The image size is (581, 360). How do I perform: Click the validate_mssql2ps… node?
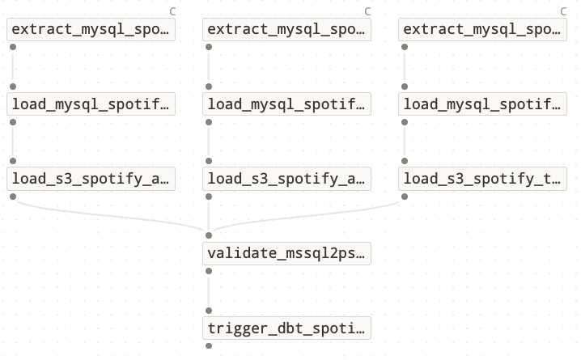pyautogui.click(x=286, y=253)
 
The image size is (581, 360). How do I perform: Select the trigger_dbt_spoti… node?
pyautogui.click(x=286, y=328)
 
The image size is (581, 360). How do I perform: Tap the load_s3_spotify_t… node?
pyautogui.click(x=482, y=179)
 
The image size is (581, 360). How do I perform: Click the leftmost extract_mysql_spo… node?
pyautogui.click(x=91, y=30)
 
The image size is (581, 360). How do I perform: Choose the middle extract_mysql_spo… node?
pyautogui.click(x=286, y=30)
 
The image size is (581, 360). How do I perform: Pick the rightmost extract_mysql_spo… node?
pyautogui.click(x=482, y=30)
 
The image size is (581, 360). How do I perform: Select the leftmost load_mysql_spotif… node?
pyautogui.click(x=91, y=104)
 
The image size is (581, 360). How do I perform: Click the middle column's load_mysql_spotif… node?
pyautogui.click(x=286, y=104)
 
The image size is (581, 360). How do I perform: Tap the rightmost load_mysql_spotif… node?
pyautogui.click(x=482, y=104)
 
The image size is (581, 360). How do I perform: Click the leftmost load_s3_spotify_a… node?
pyautogui.click(x=91, y=179)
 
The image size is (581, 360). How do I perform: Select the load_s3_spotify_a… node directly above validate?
pyautogui.click(x=286, y=179)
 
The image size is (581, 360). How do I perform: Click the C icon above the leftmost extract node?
pyautogui.click(x=172, y=11)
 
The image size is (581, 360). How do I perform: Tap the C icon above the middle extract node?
pyautogui.click(x=367, y=11)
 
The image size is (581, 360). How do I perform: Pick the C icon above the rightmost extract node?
pyautogui.click(x=563, y=11)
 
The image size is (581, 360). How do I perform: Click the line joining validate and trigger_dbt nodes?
pyautogui.click(x=209, y=290)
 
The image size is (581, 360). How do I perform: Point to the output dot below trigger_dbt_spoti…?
pyautogui.click(x=209, y=345)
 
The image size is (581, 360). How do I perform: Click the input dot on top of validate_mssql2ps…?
pyautogui.click(x=209, y=235)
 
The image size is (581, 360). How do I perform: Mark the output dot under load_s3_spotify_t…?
pyautogui.click(x=404, y=197)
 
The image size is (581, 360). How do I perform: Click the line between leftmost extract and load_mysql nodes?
pyautogui.click(x=13, y=67)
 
